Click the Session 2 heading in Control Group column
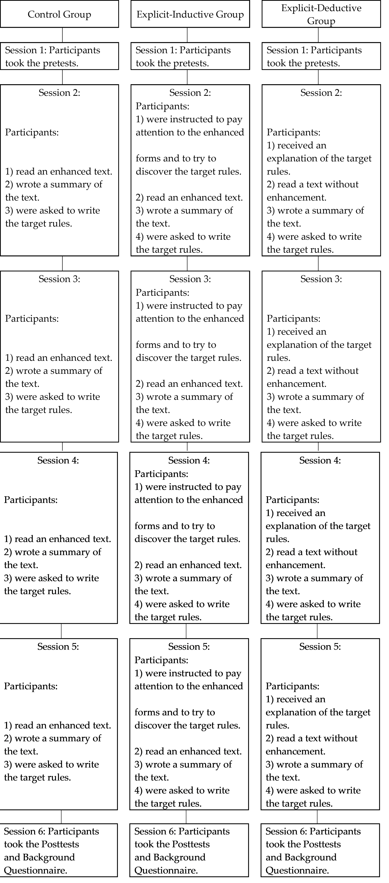[59, 93]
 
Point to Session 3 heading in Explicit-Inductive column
[190, 279]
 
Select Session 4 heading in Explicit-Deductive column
[320, 460]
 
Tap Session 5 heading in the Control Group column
[58, 647]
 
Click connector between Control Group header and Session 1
[62, 35]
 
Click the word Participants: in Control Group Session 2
[32, 132]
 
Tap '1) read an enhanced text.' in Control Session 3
[59, 358]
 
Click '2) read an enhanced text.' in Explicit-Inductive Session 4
[188, 565]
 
